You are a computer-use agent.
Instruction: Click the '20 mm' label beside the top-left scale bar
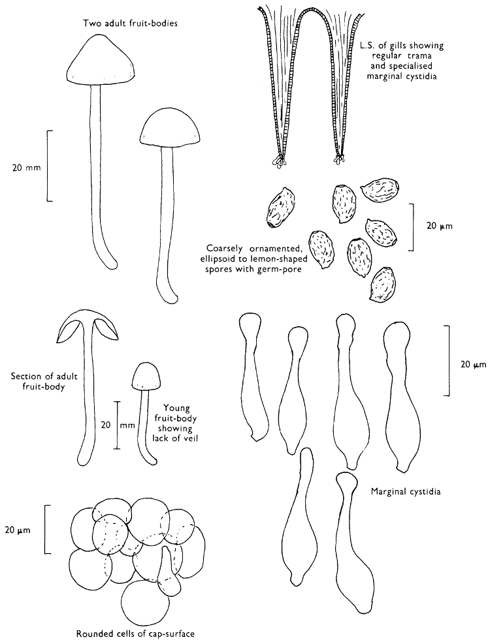pos(27,167)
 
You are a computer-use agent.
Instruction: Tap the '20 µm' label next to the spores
pos(439,226)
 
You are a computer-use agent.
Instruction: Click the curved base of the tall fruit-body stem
pos(111,262)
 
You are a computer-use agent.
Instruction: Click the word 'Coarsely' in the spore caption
pos(226,248)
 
